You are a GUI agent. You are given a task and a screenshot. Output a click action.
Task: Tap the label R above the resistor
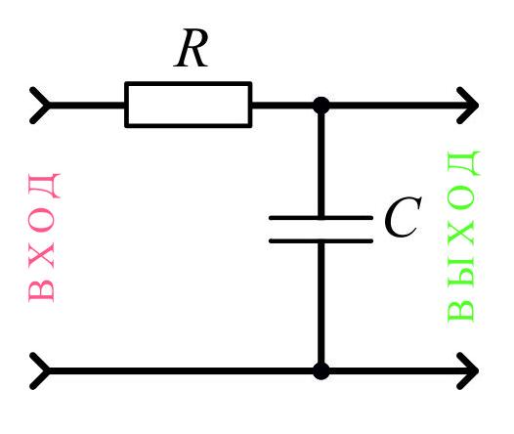192,48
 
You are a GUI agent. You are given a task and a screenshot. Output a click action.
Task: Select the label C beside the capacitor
403,217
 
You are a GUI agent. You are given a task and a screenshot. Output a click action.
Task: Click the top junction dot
321,106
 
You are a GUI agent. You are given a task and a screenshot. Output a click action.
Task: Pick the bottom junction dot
321,371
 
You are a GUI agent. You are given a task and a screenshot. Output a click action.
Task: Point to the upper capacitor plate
321,218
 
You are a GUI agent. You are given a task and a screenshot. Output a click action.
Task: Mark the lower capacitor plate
321,240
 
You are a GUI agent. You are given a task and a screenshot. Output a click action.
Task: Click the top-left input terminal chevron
40,106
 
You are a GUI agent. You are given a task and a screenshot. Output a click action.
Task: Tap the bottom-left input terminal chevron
40,371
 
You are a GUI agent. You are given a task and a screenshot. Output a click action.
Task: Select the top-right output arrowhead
468,106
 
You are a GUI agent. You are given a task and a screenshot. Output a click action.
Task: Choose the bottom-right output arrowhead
468,371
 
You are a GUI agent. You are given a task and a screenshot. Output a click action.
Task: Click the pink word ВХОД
44,238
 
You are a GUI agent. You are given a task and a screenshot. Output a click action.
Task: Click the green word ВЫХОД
463,236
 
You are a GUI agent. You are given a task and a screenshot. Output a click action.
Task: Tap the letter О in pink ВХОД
41,220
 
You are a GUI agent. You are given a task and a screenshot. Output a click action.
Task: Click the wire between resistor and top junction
282,106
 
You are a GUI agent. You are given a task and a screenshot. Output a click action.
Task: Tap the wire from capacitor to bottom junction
321,303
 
